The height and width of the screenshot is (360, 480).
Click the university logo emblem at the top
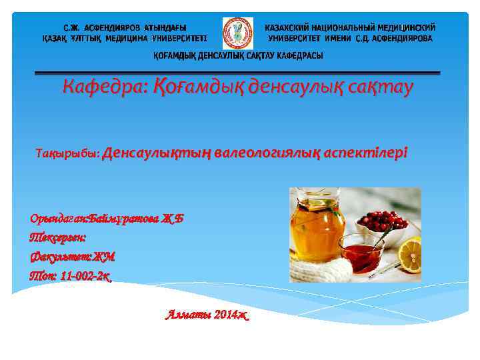tap(237, 33)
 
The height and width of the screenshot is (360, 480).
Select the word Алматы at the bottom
tap(186, 315)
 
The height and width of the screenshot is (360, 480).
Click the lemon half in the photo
tap(409, 255)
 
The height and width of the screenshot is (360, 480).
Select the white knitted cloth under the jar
tap(320, 269)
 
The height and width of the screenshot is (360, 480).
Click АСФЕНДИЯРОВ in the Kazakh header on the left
tap(116, 28)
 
